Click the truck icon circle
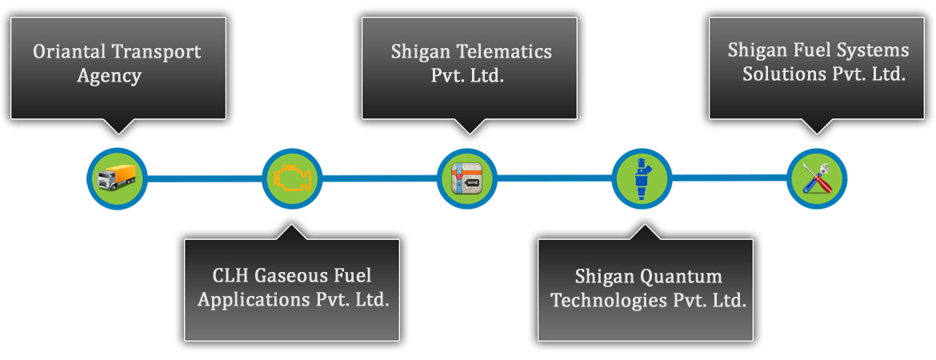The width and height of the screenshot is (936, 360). [x=117, y=178]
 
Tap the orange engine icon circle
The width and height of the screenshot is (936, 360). [x=291, y=178]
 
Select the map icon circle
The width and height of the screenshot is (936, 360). [x=467, y=178]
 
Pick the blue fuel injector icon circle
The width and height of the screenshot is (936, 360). [x=642, y=178]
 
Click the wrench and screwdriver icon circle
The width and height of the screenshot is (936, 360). [x=817, y=178]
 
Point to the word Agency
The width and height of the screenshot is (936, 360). [x=110, y=77]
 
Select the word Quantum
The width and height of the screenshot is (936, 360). [x=682, y=277]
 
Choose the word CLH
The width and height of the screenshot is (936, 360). [x=230, y=277]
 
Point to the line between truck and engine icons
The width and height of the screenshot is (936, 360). [x=204, y=178]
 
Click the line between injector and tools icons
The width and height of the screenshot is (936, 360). [x=729, y=178]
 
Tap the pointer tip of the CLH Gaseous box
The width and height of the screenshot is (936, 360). [x=290, y=227]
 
